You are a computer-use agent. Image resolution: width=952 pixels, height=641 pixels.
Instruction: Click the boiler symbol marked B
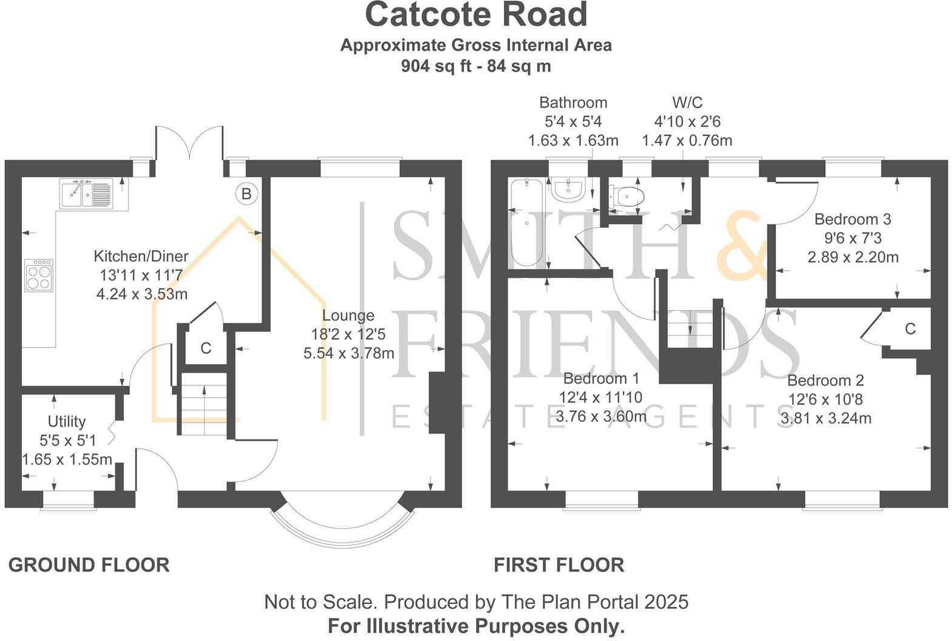(x=246, y=194)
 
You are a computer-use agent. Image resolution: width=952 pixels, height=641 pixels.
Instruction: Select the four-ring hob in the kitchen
(x=39, y=275)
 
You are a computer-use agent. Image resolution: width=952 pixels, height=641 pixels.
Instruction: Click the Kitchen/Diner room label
(x=141, y=256)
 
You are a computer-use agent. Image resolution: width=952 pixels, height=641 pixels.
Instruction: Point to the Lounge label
(x=348, y=316)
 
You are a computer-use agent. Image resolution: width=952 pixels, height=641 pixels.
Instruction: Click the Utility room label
(x=67, y=421)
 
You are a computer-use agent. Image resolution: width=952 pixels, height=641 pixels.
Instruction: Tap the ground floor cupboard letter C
(x=206, y=348)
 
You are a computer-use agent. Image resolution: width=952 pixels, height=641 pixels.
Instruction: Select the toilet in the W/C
(x=626, y=196)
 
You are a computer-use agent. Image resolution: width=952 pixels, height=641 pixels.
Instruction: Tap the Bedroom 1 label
(x=601, y=379)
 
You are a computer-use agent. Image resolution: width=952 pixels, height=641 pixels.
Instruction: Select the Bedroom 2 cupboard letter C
(x=910, y=329)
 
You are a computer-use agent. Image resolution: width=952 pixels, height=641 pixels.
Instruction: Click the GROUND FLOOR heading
(x=89, y=565)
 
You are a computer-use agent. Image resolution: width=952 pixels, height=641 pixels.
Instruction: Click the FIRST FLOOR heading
(x=559, y=565)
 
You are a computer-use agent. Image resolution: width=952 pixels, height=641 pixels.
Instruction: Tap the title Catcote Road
(x=476, y=15)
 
